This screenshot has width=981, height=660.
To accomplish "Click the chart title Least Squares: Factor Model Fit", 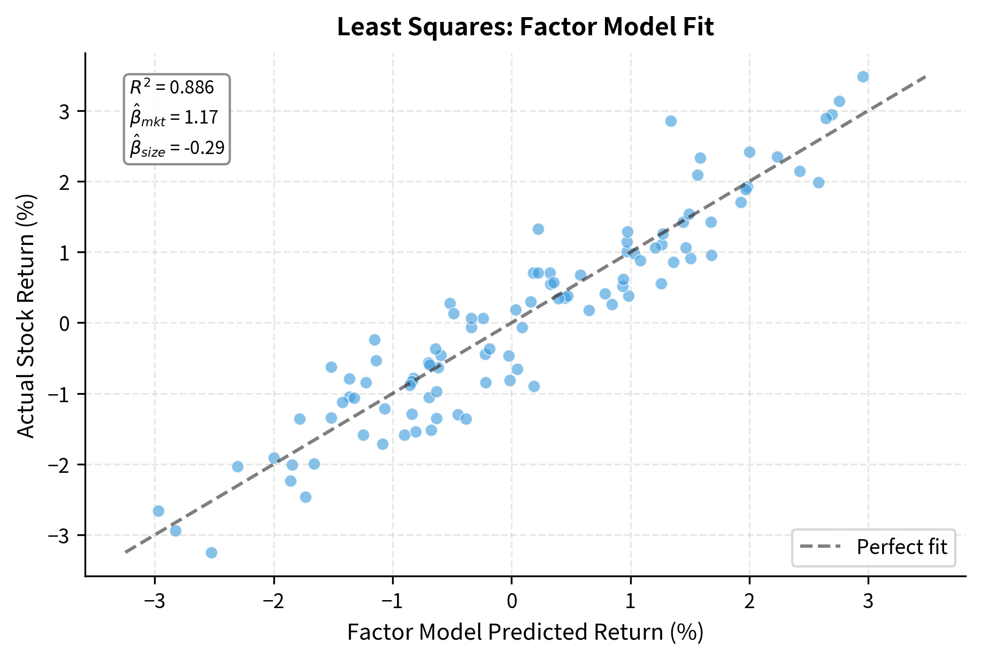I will tap(525, 27).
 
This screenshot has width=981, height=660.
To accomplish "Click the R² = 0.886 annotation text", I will tap(172, 87).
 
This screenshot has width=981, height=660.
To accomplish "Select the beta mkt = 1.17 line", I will tap(174, 117).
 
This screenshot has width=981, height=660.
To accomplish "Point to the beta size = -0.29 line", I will tap(177, 148).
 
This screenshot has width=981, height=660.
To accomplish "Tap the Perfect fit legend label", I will tap(901, 547).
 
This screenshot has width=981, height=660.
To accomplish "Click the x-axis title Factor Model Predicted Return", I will tap(525, 632).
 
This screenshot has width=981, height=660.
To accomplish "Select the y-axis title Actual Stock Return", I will tap(25, 316).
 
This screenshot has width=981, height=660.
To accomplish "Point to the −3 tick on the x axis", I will tap(155, 601).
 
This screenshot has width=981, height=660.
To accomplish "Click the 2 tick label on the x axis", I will tap(749, 601).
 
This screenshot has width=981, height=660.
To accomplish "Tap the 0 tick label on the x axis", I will tap(511, 601).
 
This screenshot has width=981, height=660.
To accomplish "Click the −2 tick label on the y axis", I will tap(59, 465).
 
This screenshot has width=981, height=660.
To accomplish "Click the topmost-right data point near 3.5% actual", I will tap(863, 77).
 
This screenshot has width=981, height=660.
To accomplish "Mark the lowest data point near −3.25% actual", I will tap(211, 552).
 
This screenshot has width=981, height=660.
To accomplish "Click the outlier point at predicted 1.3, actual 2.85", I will tap(671, 121).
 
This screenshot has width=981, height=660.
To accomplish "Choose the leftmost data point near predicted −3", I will tap(158, 511).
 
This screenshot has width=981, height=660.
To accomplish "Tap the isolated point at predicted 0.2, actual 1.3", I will tap(538, 229).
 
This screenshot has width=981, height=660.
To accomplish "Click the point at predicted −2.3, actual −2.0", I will tap(237, 466).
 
